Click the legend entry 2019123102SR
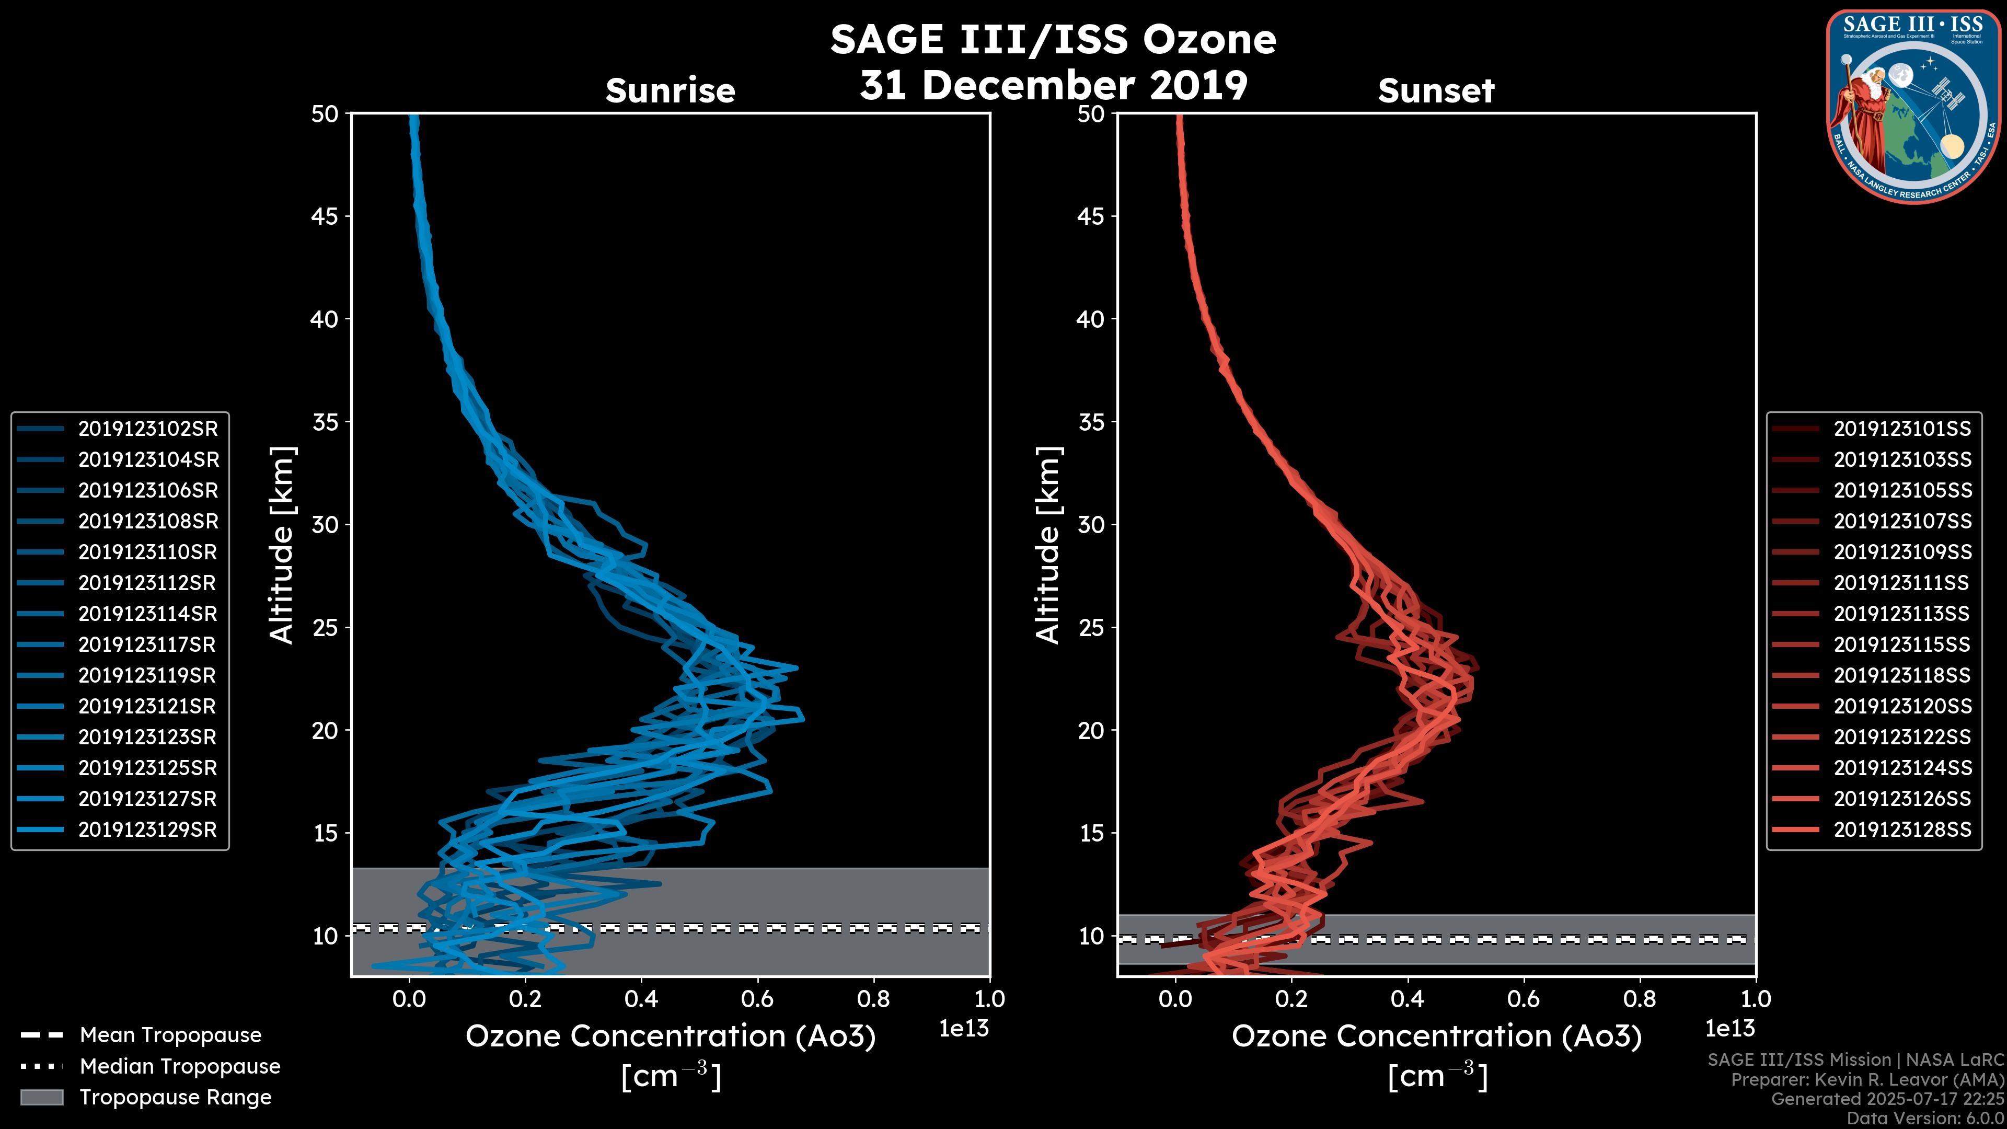148,429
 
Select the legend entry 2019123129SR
148,830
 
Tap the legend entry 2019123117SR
148,644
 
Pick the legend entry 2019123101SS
1902,429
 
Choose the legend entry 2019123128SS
1902,830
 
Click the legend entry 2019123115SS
1902,644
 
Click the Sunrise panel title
670,90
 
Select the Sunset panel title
1436,90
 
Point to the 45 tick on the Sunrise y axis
325,216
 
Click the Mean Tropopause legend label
170,1035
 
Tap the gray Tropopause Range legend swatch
41,1097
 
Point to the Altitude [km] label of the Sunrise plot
281,545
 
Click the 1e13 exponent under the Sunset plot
1729,1029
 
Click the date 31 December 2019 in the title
1053,84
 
